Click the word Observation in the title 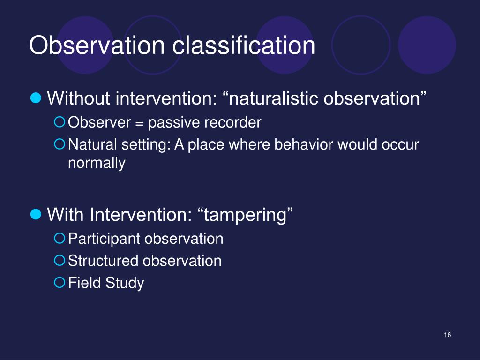(97, 45)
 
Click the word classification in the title (244, 45)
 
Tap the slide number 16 (447, 335)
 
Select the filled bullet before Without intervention (36, 98)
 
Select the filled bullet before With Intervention (36, 214)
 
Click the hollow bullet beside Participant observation (60, 238)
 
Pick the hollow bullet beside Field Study (60, 282)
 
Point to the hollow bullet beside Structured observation (60, 260)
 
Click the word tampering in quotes (246, 215)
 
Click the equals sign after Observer (139, 123)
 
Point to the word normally (97, 163)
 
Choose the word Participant (104, 239)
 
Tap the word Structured (103, 261)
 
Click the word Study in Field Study (125, 283)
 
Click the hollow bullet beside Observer (60, 122)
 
